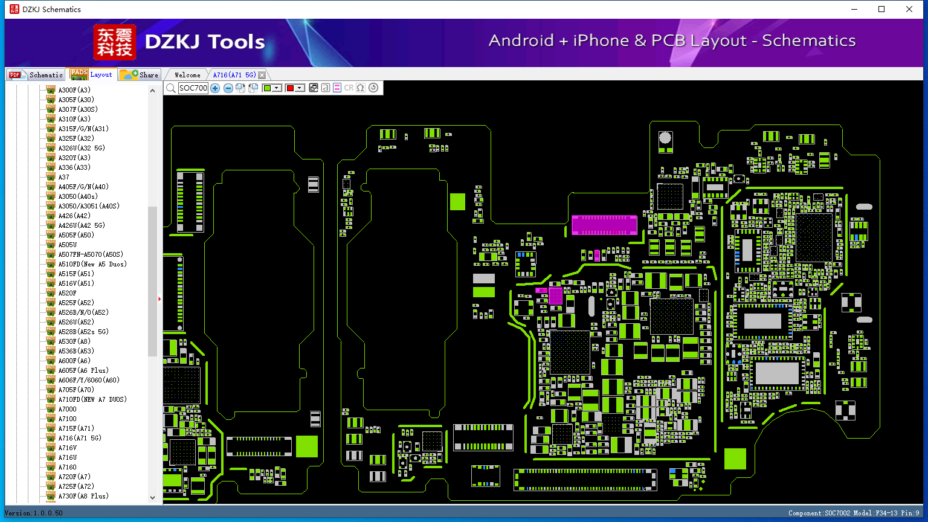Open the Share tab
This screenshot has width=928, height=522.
[140, 75]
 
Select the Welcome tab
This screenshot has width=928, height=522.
[187, 75]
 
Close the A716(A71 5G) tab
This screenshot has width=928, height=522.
[262, 75]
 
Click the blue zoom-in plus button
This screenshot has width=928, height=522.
[215, 88]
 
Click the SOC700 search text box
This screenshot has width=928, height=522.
[193, 88]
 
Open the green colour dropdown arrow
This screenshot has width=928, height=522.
[277, 88]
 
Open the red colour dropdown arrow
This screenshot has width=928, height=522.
[300, 88]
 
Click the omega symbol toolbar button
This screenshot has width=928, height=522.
[361, 88]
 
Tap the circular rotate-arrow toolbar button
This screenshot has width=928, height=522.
[373, 88]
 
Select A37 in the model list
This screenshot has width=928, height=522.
[63, 177]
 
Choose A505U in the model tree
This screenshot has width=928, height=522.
[68, 245]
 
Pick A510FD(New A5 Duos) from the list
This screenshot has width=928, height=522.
[92, 264]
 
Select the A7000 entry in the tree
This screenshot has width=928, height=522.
[67, 409]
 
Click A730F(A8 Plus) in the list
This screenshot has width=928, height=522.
[83, 496]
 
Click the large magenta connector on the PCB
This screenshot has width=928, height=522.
[604, 225]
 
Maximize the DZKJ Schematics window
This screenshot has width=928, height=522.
[881, 9]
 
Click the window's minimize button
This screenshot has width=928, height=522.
[854, 9]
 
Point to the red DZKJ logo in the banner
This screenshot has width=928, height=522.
[114, 42]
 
